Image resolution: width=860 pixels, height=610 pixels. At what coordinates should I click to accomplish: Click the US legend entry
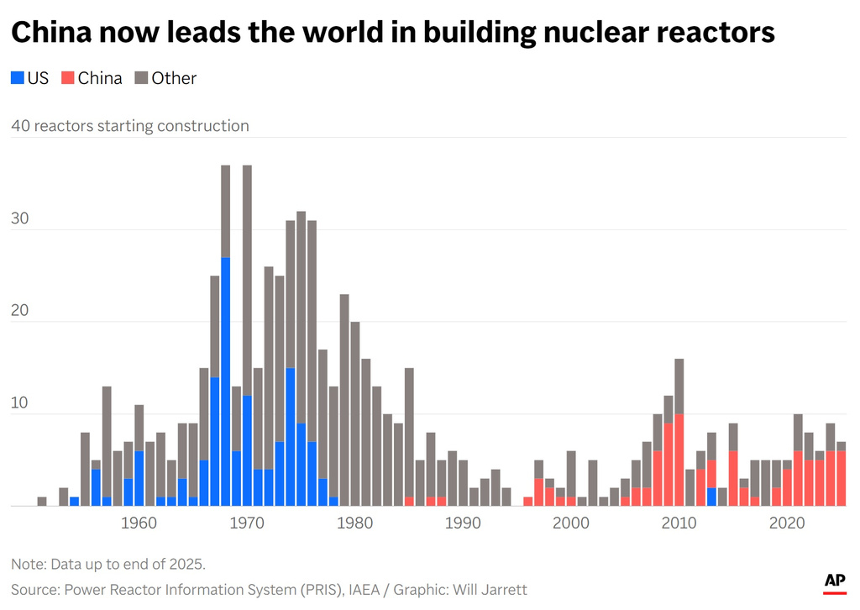30,78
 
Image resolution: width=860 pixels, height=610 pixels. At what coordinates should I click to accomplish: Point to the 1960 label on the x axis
139,523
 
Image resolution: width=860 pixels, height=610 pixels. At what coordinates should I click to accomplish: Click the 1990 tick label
463,523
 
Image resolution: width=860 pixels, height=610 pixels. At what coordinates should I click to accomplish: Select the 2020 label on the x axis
787,523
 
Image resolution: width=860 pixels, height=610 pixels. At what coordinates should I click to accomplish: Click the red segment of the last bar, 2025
841,478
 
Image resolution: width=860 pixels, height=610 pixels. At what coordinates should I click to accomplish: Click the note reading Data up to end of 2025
108,563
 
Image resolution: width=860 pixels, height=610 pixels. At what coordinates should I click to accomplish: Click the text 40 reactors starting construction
130,126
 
